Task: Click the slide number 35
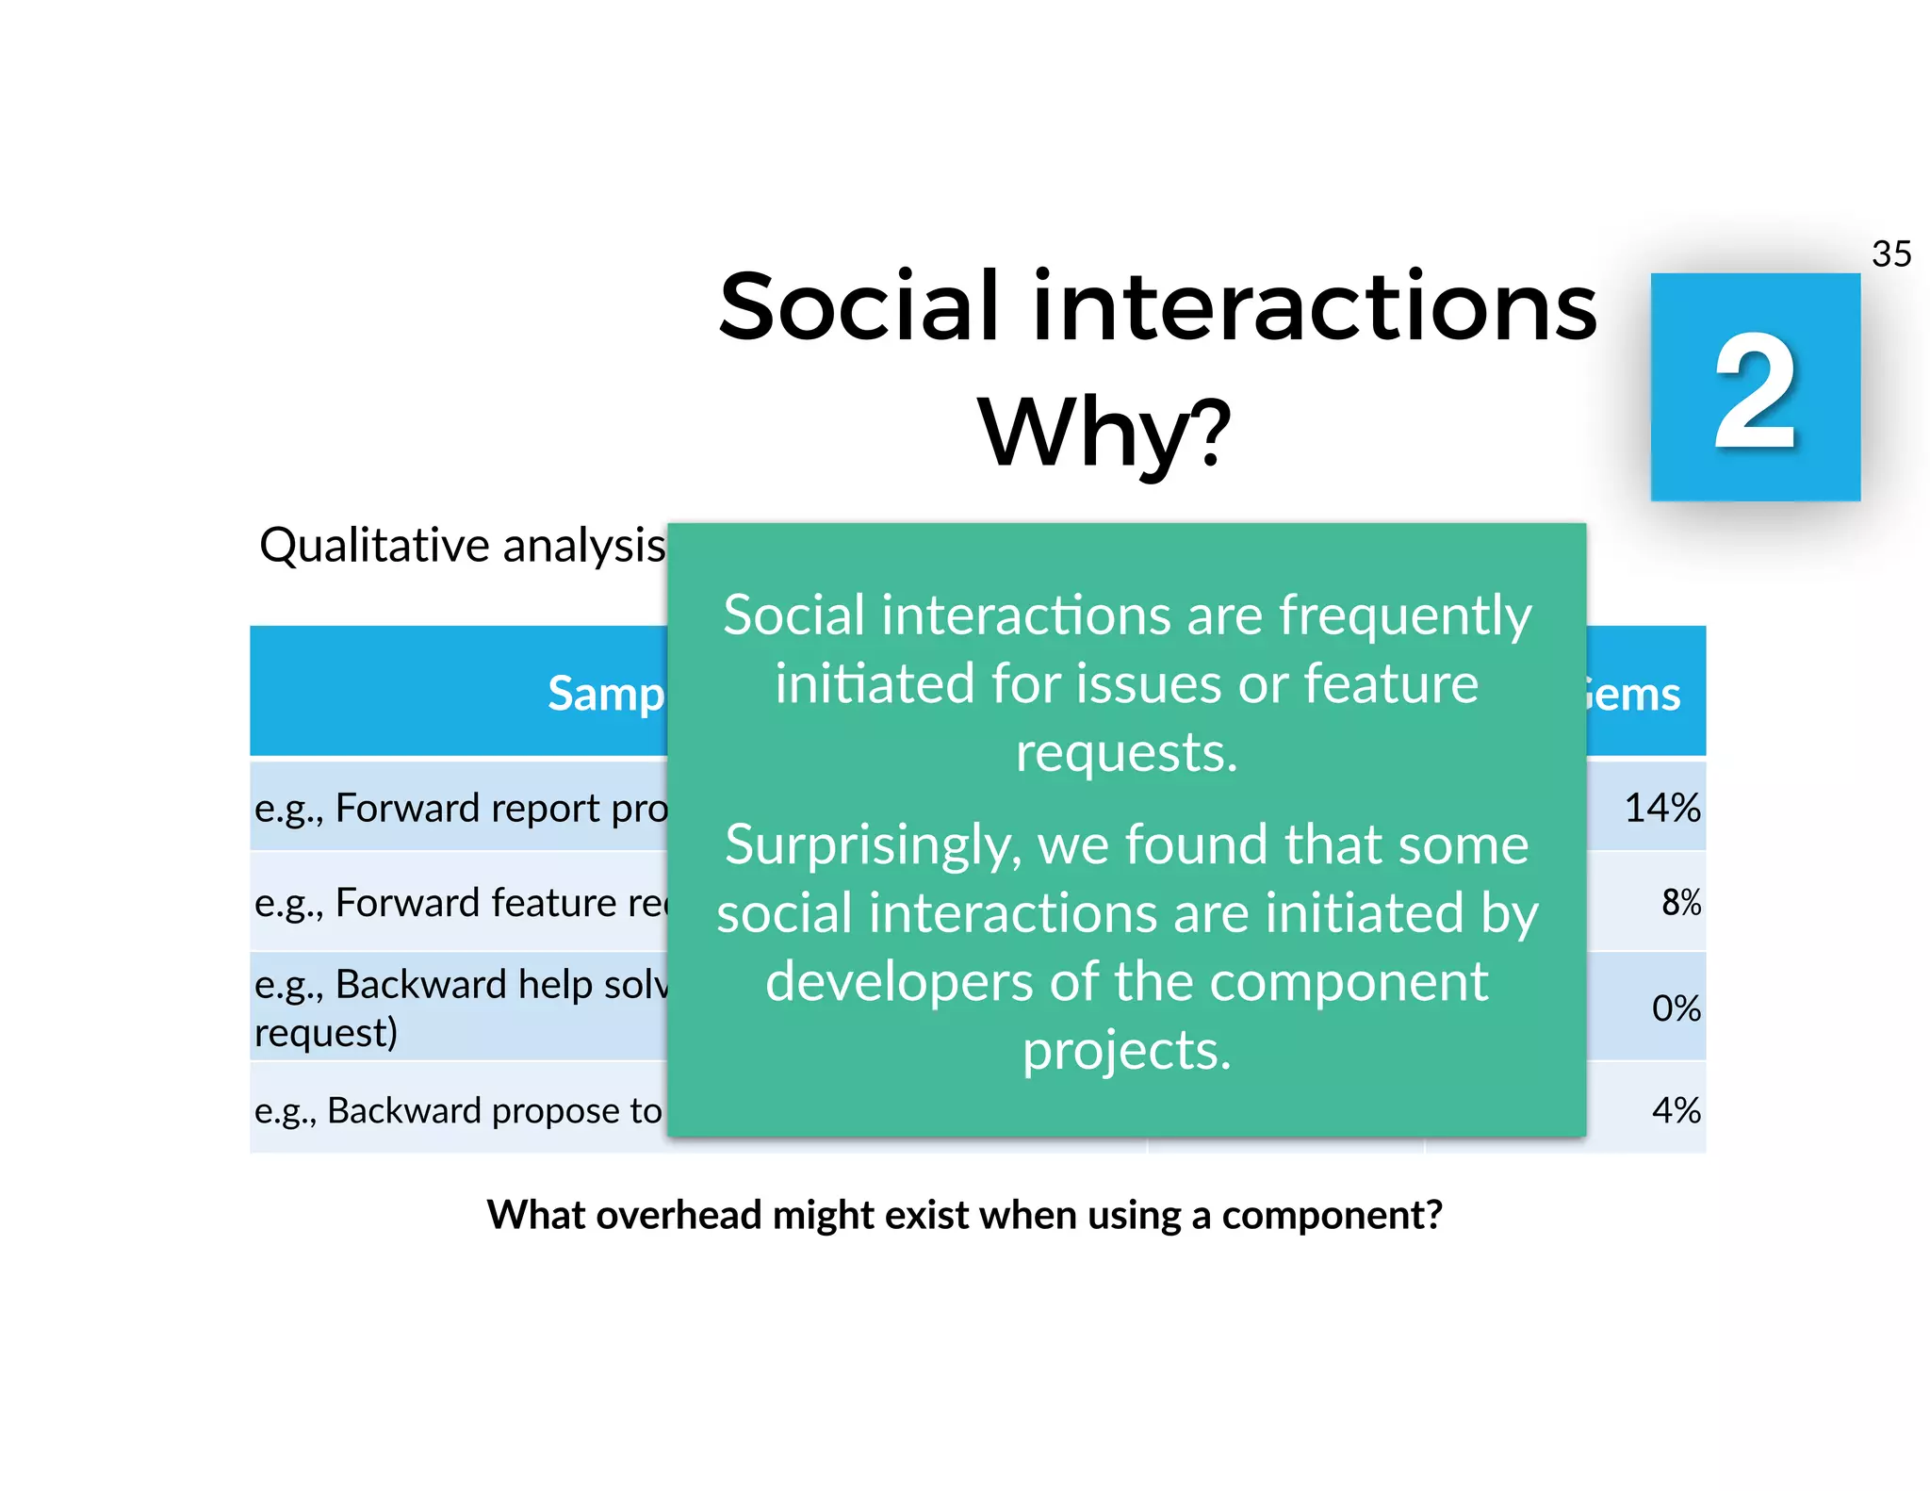point(1890,254)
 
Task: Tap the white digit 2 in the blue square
point(1755,392)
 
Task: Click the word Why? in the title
point(1104,433)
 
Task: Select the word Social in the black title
point(858,306)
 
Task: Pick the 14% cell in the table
point(1661,808)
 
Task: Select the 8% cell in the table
point(1680,903)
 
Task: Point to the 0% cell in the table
point(1676,1008)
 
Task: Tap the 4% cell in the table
point(1676,1110)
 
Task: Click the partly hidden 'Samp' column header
point(605,695)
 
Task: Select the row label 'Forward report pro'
point(461,809)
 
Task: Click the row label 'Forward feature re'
point(461,903)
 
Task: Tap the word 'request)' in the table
point(326,1033)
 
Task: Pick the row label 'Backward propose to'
point(458,1111)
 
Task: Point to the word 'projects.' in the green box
point(1127,1051)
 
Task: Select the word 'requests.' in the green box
point(1126,753)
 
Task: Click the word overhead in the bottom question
point(679,1215)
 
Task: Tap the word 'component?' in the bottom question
point(1332,1215)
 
